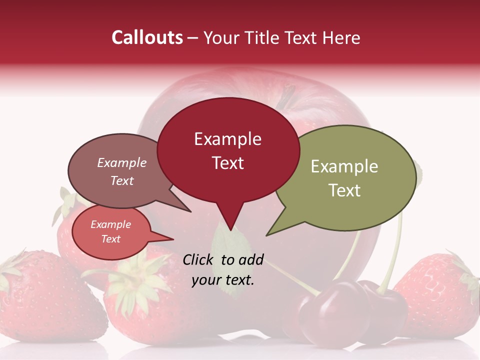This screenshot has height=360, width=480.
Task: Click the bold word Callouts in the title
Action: [x=147, y=37]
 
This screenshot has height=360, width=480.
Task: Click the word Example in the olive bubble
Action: [x=344, y=166]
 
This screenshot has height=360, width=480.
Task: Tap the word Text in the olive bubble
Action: [x=344, y=190]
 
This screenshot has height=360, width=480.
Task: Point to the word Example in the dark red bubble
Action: [x=227, y=139]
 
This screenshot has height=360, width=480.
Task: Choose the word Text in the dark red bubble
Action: [x=227, y=163]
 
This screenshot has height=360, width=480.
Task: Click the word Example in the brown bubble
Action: [x=121, y=162]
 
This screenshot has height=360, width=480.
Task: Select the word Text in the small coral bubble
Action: [x=110, y=239]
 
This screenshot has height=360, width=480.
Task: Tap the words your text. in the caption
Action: [x=222, y=280]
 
